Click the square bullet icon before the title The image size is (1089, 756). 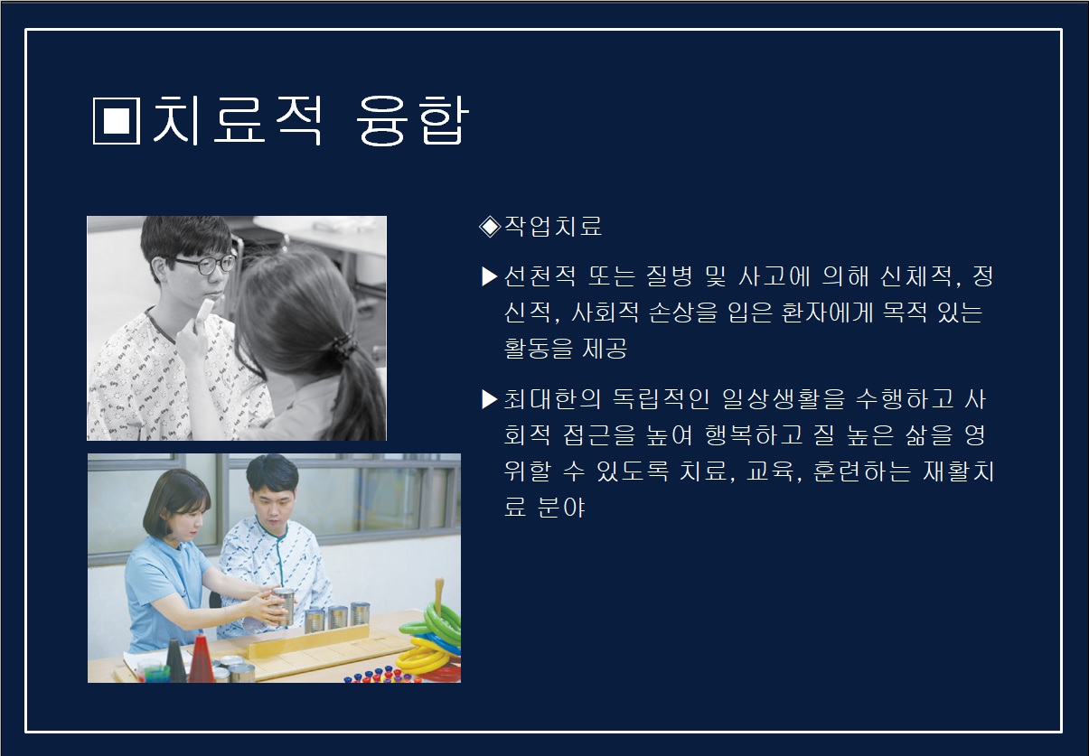pyautogui.click(x=117, y=120)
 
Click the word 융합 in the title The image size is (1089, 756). pyautogui.click(x=412, y=120)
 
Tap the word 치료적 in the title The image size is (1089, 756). pyautogui.click(x=238, y=119)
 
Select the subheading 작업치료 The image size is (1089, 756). pyautogui.click(x=553, y=227)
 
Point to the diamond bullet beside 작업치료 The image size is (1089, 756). pyautogui.click(x=490, y=227)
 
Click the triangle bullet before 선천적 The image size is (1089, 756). pyautogui.click(x=489, y=276)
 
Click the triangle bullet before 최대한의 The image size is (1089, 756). pyautogui.click(x=489, y=399)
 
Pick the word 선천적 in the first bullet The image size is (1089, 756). pyautogui.click(x=540, y=276)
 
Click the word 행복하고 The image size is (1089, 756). pyautogui.click(x=754, y=434)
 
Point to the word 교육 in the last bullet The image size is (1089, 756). pyautogui.click(x=772, y=471)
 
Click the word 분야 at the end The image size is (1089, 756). pyautogui.click(x=561, y=508)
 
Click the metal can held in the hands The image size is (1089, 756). pyautogui.click(x=284, y=606)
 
